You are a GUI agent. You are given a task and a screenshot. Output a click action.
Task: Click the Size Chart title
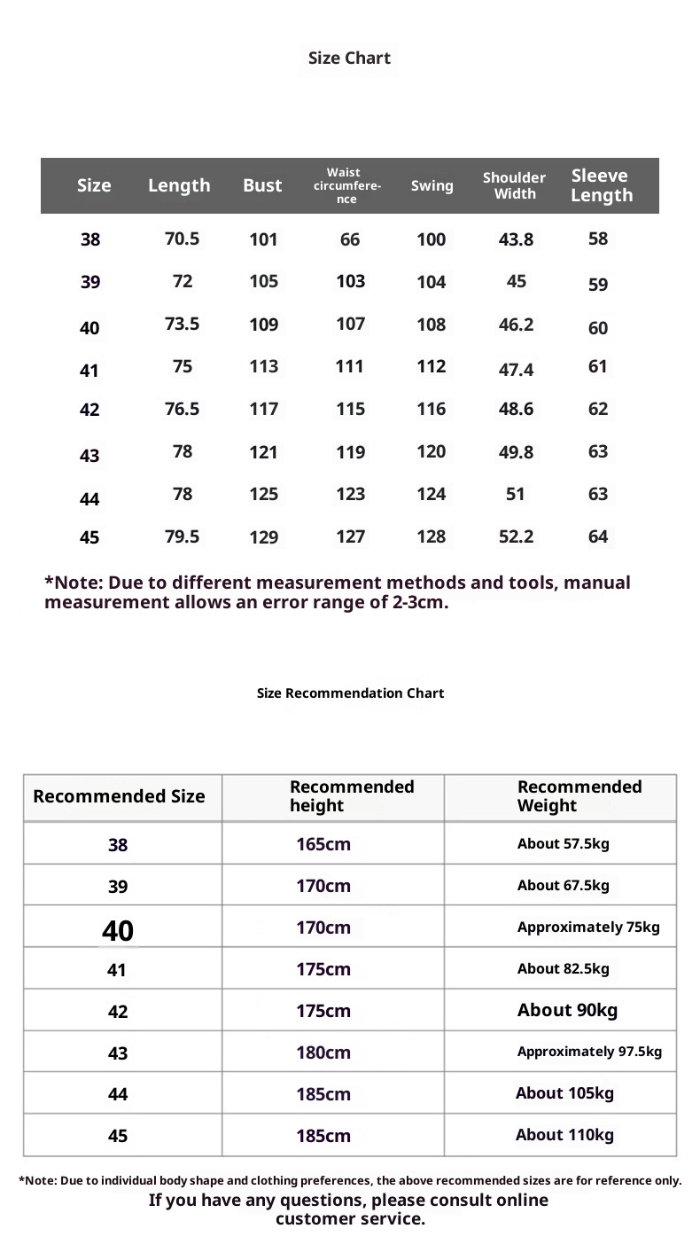click(x=349, y=59)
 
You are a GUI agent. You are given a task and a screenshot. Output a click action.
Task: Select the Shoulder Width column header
click(x=515, y=185)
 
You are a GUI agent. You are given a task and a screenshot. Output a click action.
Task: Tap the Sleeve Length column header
click(x=601, y=185)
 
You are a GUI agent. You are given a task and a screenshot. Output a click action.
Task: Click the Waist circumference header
click(x=347, y=186)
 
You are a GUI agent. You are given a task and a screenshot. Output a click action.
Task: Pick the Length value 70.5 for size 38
click(x=182, y=239)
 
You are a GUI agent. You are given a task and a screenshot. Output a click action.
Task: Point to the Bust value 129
click(x=263, y=537)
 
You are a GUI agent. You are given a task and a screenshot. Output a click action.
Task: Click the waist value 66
click(x=350, y=239)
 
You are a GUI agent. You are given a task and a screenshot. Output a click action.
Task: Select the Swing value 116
click(x=432, y=410)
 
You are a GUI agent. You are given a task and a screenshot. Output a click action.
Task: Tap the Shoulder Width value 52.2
click(x=516, y=536)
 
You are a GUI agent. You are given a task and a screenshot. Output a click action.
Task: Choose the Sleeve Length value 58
click(x=598, y=239)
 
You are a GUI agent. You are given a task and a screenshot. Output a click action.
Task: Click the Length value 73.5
click(x=182, y=325)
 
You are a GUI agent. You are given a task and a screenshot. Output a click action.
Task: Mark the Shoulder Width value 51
click(x=516, y=494)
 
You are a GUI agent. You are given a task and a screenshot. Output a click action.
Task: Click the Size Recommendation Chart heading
click(x=350, y=693)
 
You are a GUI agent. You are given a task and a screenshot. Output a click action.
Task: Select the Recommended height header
click(x=352, y=796)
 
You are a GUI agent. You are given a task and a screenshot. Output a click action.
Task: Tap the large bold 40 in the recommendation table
click(x=118, y=931)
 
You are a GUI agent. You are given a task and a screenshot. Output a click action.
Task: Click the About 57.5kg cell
click(x=564, y=844)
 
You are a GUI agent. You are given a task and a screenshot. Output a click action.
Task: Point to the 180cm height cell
click(x=323, y=1053)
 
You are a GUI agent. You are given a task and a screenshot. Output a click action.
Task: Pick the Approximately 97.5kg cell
click(x=589, y=1053)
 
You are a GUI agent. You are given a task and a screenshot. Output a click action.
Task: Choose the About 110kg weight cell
click(x=564, y=1135)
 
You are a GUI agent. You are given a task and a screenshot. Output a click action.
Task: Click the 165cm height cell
click(x=323, y=844)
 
